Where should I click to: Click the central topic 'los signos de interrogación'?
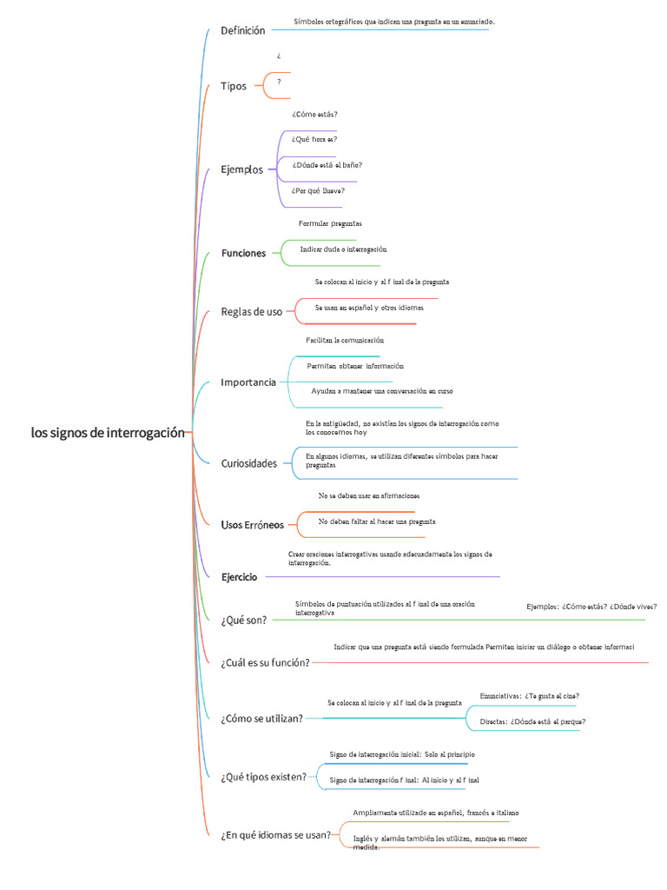pyautogui.click(x=108, y=433)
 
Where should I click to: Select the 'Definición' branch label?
pyautogui.click(x=243, y=30)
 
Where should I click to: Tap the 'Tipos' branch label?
pyautogui.click(x=234, y=86)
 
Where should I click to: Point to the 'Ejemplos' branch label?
pyautogui.click(x=241, y=169)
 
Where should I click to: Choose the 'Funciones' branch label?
pyautogui.click(x=243, y=253)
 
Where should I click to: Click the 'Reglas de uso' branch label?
pyautogui.click(x=251, y=312)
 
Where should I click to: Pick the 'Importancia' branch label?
pyautogui.click(x=248, y=382)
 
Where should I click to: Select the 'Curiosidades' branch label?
pyautogui.click(x=249, y=464)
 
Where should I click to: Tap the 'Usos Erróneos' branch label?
pyautogui.click(x=253, y=525)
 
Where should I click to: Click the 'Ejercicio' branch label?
pyautogui.click(x=239, y=577)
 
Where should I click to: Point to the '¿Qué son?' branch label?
pyautogui.click(x=244, y=621)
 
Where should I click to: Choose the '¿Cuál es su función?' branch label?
pyautogui.click(x=266, y=663)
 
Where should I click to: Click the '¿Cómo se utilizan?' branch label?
pyautogui.click(x=262, y=719)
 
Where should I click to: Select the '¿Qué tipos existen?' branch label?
pyautogui.click(x=264, y=777)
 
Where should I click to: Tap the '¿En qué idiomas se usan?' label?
pyautogui.click(x=275, y=835)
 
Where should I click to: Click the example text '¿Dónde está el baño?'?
pyautogui.click(x=327, y=165)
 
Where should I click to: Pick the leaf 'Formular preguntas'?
pyautogui.click(x=330, y=223)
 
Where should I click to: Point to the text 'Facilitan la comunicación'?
pyautogui.click(x=345, y=341)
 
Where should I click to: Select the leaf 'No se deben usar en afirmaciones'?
pyautogui.click(x=368, y=496)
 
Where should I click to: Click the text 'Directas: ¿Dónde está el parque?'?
pyautogui.click(x=532, y=722)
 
